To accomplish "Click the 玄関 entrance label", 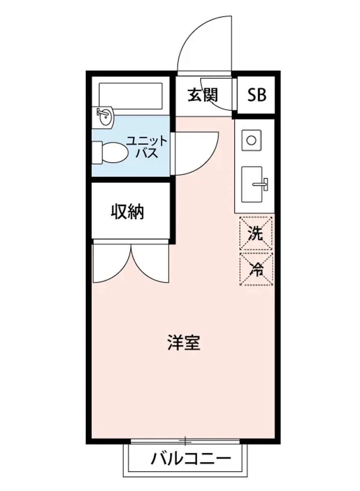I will (203, 95).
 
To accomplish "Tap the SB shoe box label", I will (256, 95).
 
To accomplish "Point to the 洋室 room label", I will (184, 343).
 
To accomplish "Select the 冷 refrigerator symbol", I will (256, 269).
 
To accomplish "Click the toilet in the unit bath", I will (110, 152).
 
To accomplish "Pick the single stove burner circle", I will (251, 140).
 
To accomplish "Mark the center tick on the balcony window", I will (185, 441).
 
